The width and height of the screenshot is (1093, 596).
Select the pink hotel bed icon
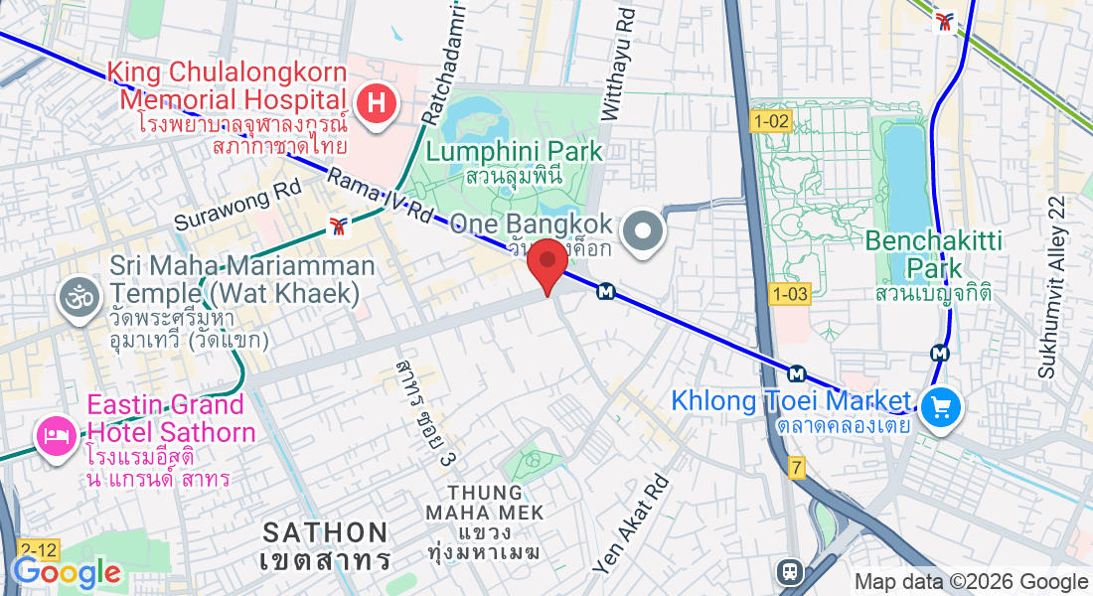[53, 436]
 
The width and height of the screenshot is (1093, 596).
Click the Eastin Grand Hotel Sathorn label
[166, 418]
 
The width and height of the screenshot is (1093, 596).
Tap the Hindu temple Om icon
[74, 297]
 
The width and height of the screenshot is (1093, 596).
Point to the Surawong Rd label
[237, 206]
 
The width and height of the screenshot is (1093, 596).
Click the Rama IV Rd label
[381, 197]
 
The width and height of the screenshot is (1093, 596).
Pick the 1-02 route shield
[771, 122]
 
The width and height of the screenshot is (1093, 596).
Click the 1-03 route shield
[790, 293]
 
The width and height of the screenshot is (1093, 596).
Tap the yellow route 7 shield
[797, 467]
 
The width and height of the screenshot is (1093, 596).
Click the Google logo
[67, 572]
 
